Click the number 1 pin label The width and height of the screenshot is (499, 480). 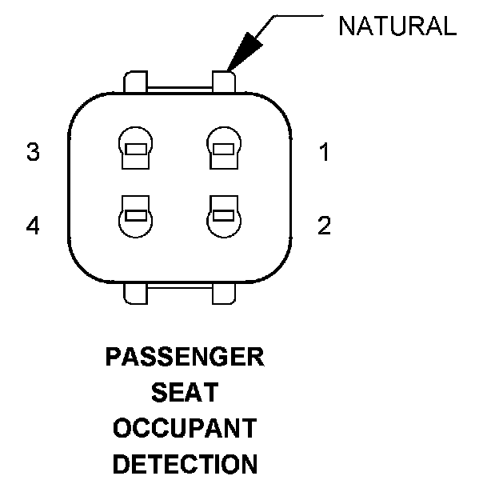tap(324, 152)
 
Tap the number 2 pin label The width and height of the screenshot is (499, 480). tap(324, 226)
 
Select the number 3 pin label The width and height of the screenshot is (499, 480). tap(34, 152)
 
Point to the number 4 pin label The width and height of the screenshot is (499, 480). tap(34, 226)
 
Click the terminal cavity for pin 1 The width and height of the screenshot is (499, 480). tap(222, 147)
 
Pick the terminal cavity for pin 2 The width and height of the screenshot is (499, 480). tap(222, 217)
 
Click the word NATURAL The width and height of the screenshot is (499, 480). tap(397, 26)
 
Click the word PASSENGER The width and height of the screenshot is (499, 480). tap(185, 357)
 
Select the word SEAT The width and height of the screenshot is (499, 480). tap(185, 393)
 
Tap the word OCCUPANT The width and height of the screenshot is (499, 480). tap(185, 428)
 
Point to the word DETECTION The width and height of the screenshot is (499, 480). tap(185, 464)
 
